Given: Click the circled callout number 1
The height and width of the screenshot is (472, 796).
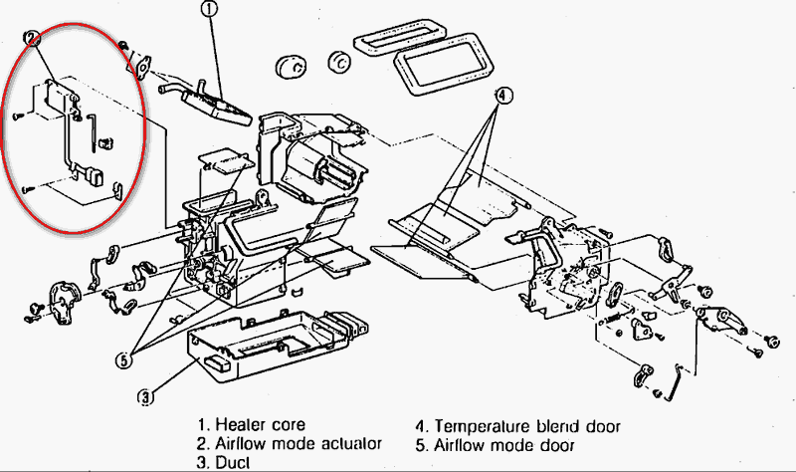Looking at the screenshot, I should tap(208, 12).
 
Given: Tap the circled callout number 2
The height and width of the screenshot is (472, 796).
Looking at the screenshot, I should tap(34, 39).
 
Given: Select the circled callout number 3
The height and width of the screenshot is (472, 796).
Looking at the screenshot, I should tap(146, 396).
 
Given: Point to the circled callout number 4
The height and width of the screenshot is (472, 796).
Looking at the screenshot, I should tap(503, 96).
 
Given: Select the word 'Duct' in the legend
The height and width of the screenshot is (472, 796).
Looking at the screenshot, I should tap(236, 462).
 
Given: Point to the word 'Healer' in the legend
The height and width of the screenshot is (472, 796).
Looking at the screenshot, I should tap(242, 425).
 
